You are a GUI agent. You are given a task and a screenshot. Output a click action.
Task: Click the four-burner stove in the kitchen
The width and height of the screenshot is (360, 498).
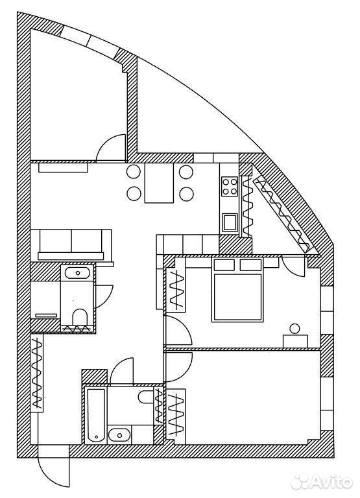[x=230, y=186]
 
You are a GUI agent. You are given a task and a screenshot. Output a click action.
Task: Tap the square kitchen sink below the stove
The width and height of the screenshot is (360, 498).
[x=230, y=222]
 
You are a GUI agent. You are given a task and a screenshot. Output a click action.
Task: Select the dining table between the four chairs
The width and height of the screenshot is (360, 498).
[x=159, y=183]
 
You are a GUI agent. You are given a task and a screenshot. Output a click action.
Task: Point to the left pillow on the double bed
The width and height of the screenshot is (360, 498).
[x=224, y=265]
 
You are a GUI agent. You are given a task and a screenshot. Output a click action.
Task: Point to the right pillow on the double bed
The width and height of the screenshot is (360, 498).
[x=250, y=265]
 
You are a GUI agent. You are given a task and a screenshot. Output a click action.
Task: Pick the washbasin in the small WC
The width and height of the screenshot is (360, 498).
[x=77, y=273]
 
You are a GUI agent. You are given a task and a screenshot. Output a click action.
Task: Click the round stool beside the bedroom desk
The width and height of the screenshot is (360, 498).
[x=295, y=329]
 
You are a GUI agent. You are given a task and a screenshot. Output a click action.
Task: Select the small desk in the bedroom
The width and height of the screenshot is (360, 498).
[x=295, y=341]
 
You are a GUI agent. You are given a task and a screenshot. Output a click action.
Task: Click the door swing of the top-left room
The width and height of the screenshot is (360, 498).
[x=110, y=148]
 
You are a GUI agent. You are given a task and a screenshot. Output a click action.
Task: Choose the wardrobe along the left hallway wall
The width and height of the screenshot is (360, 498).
[x=38, y=373]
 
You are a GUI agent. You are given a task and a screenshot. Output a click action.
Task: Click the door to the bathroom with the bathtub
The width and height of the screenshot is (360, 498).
[x=122, y=371]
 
